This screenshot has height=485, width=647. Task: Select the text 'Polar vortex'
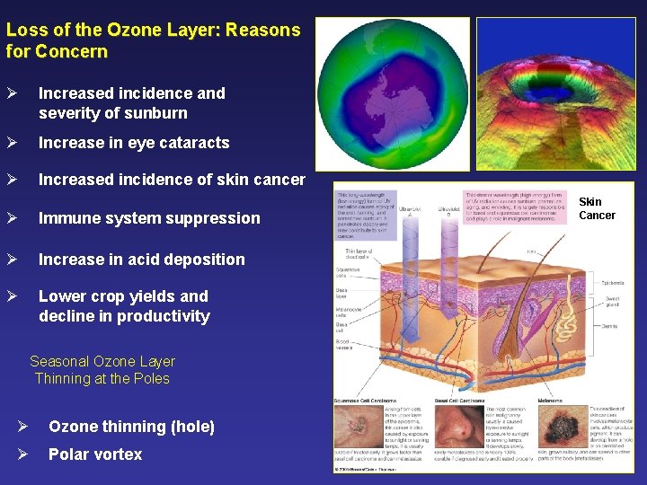point(95,454)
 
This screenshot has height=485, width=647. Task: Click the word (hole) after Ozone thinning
point(191,427)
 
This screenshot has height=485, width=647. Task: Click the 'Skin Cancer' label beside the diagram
point(597,208)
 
